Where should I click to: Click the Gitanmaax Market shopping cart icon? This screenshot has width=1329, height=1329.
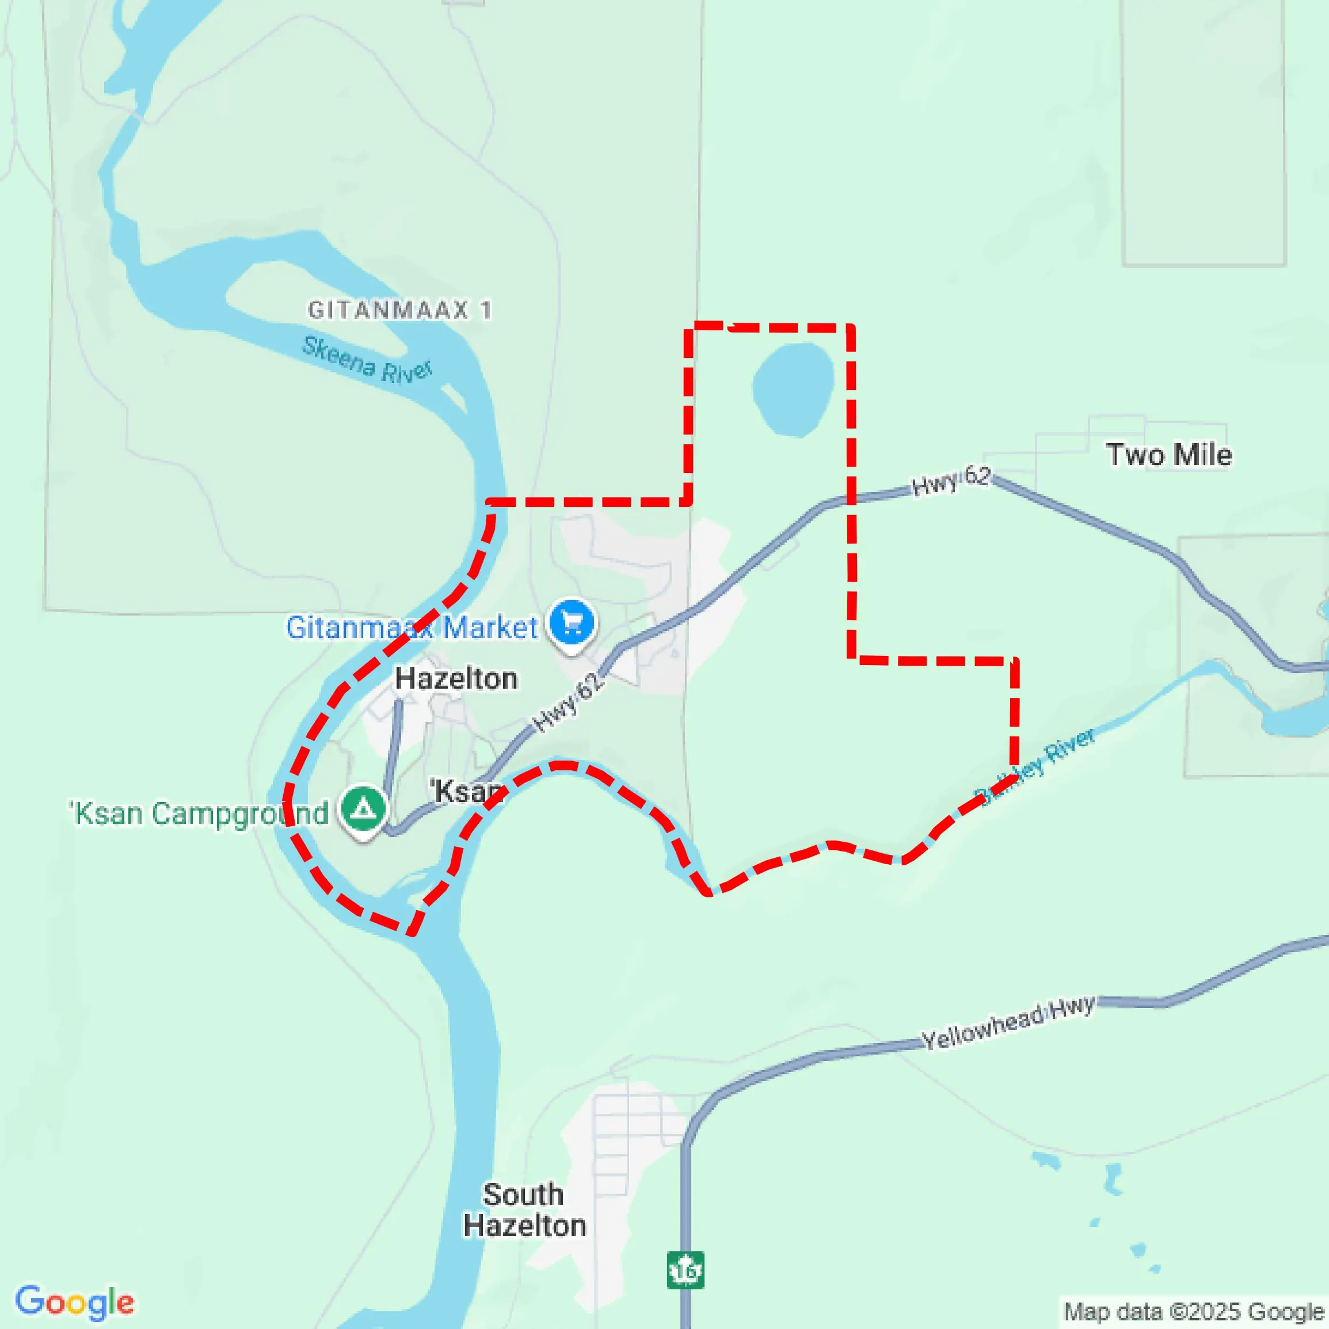[573, 622]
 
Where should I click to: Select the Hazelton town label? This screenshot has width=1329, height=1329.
[456, 679]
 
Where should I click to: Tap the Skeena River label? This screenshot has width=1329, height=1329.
[368, 360]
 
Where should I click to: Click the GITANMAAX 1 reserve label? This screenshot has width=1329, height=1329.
[400, 310]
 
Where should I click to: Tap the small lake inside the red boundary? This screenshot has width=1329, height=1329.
[793, 389]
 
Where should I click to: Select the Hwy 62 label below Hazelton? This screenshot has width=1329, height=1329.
[569, 702]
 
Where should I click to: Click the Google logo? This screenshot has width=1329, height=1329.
[74, 1301]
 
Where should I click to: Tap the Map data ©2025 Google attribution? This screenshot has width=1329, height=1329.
[1194, 1312]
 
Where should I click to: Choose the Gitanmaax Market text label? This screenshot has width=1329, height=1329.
[412, 627]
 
